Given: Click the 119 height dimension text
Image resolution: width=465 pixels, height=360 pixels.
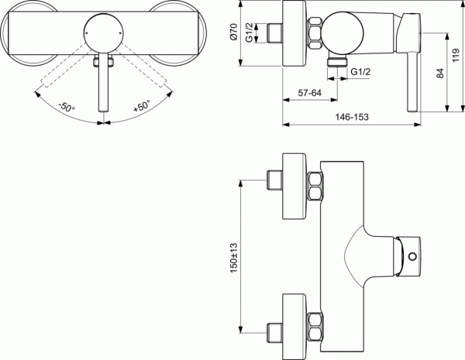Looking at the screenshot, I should point(456,56).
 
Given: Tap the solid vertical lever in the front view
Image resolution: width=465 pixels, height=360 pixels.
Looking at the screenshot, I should point(102,85).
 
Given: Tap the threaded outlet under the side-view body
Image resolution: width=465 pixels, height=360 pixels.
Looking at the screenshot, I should point(337,60).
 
